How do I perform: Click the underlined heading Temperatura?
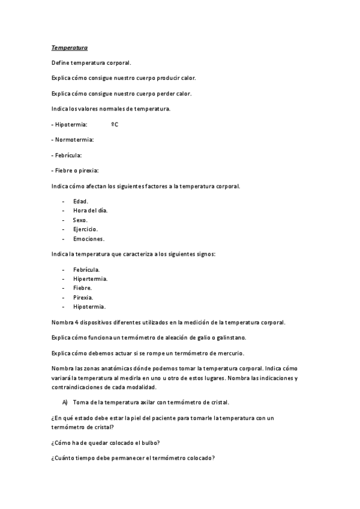point(69,47)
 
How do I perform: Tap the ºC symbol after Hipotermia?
point(115,124)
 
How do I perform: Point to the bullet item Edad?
point(80,201)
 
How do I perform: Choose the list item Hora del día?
point(91,211)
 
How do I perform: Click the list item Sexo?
point(80,220)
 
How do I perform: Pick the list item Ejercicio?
point(86,229)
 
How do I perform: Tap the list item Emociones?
point(89,239)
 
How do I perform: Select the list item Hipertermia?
point(91,279)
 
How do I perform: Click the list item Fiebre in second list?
point(82,288)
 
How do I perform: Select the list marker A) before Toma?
point(65,402)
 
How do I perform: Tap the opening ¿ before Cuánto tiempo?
point(53,459)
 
